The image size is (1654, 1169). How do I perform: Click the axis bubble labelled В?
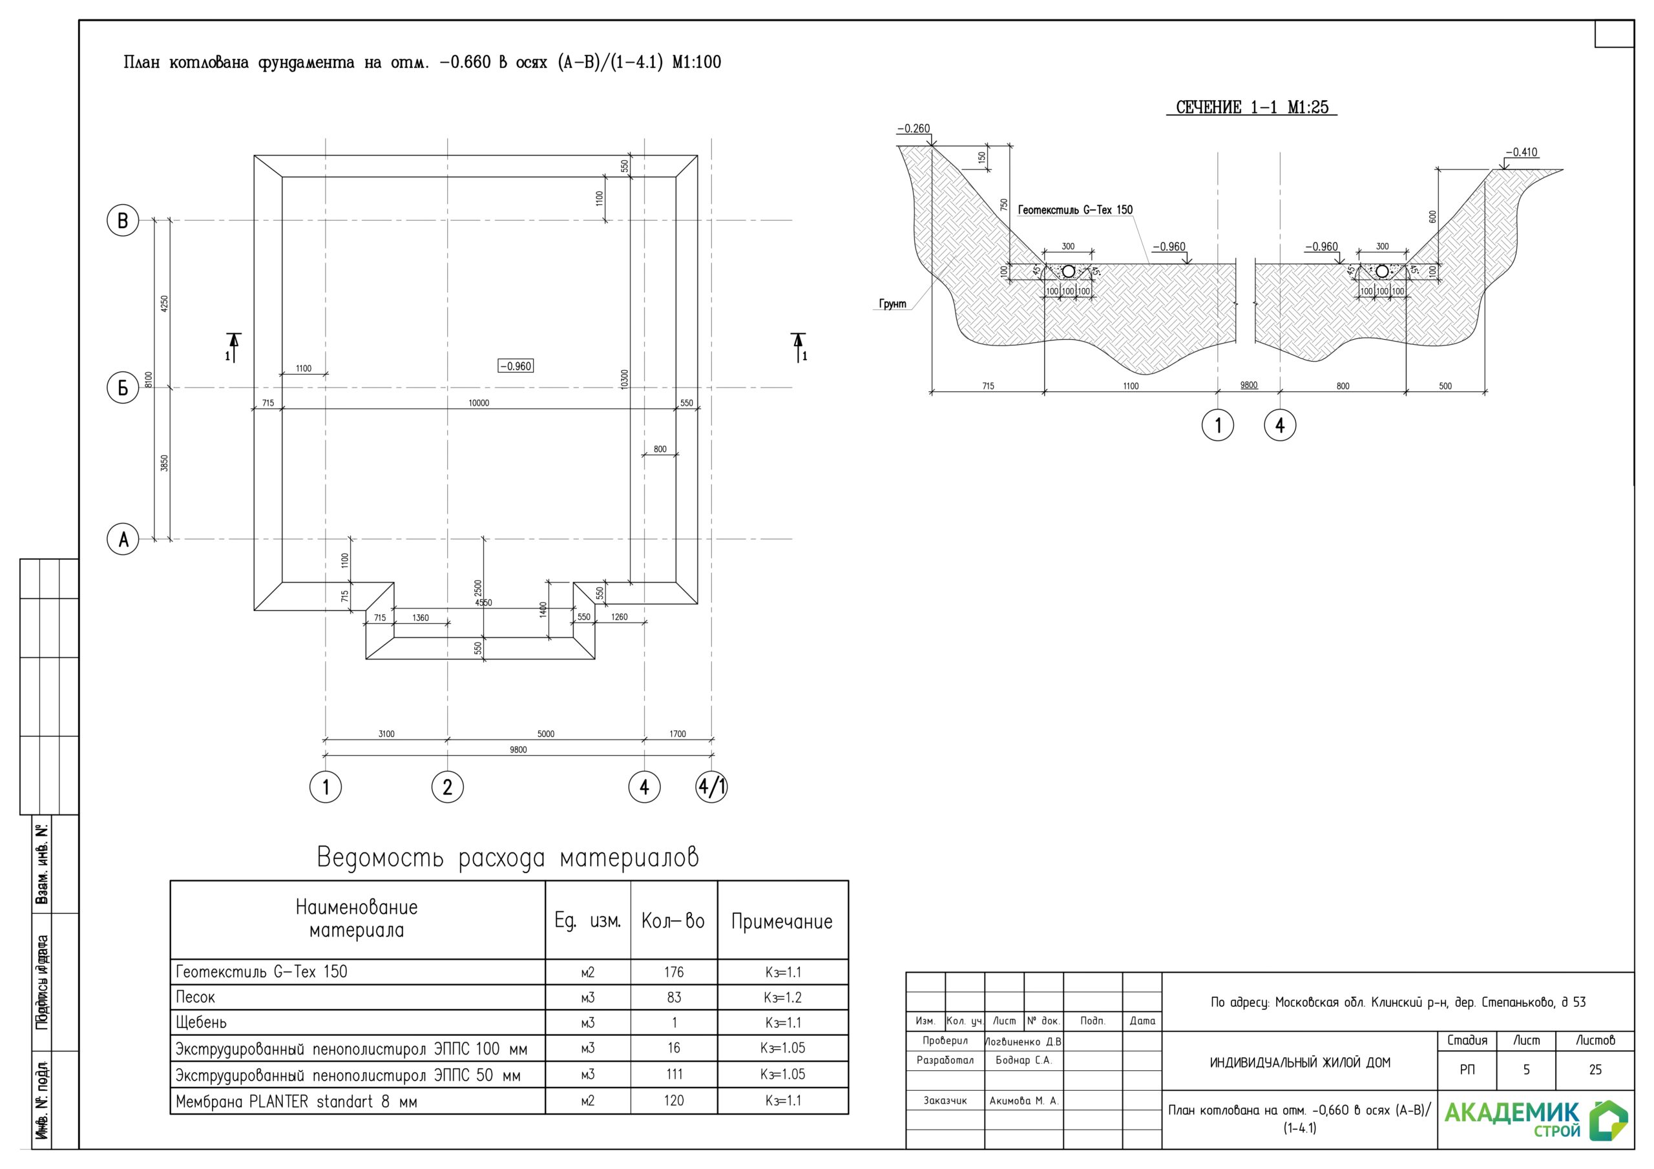pyautogui.click(x=123, y=220)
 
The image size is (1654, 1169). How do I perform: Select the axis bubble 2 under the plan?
pyautogui.click(x=447, y=787)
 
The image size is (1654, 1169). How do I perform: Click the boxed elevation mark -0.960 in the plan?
pyautogui.click(x=516, y=366)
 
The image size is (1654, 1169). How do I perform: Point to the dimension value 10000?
pyautogui.click(x=478, y=404)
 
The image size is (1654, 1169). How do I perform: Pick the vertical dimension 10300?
pyautogui.click(x=625, y=380)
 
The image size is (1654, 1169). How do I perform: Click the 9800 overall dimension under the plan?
pyautogui.click(x=518, y=750)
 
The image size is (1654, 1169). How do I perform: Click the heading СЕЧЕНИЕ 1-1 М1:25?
pyautogui.click(x=1252, y=107)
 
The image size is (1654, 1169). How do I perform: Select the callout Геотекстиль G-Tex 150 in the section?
pyautogui.click(x=1075, y=210)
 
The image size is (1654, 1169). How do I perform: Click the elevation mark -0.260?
pyautogui.click(x=914, y=129)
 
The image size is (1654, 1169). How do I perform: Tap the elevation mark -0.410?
pyautogui.click(x=1521, y=152)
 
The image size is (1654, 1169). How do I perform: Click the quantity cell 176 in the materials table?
pyautogui.click(x=674, y=973)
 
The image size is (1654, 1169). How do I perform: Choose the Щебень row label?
pyautogui.click(x=201, y=1023)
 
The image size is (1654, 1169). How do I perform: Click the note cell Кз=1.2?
pyautogui.click(x=782, y=998)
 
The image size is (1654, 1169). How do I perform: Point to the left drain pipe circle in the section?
pyautogui.click(x=1069, y=271)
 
